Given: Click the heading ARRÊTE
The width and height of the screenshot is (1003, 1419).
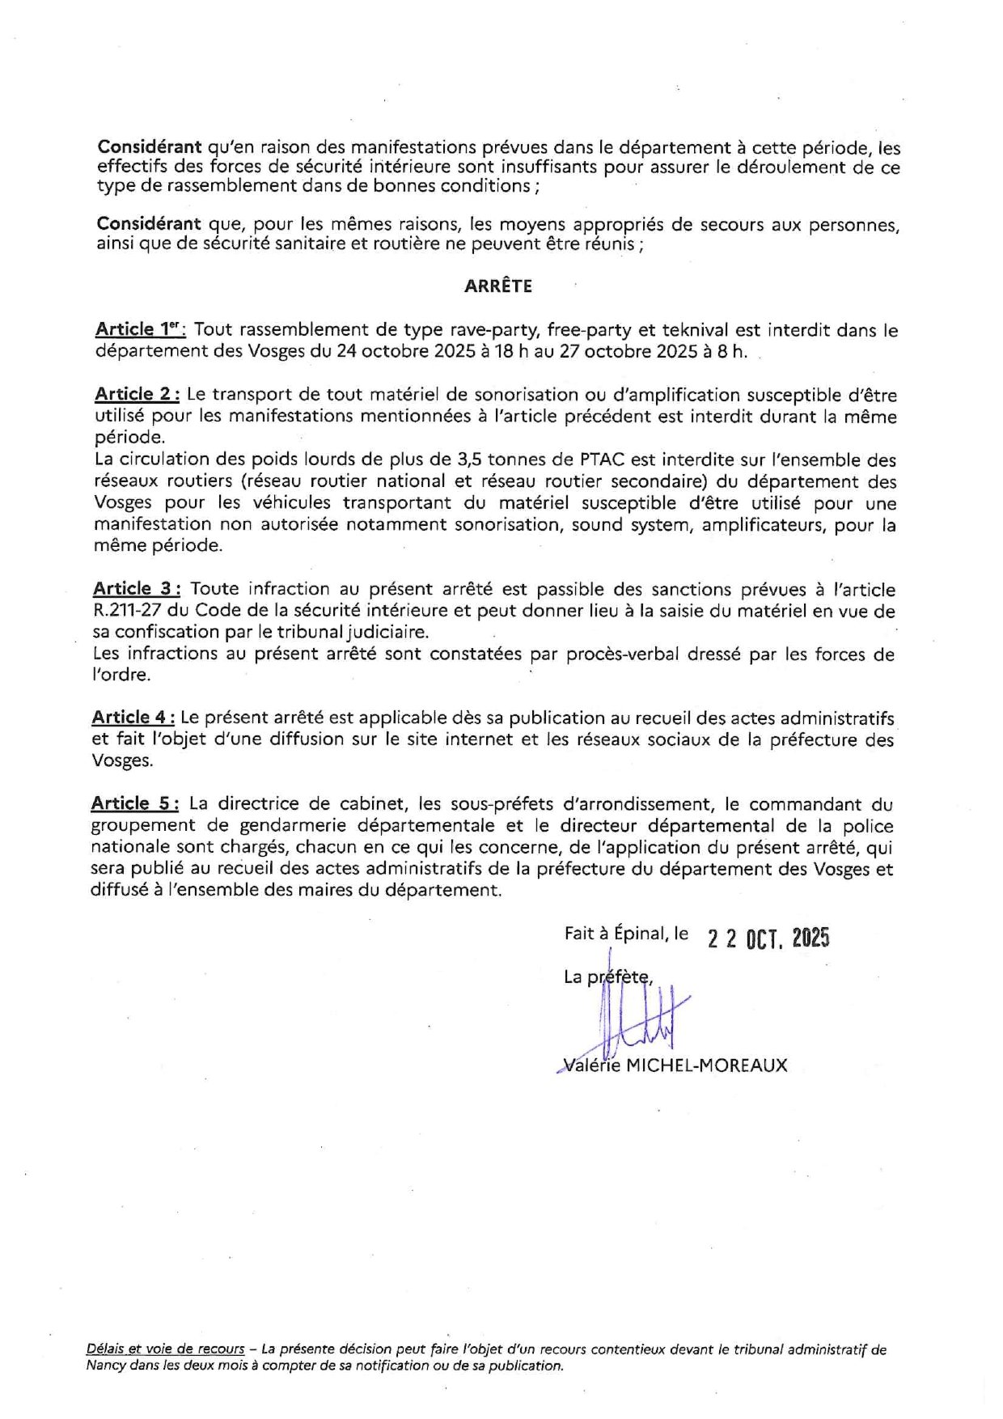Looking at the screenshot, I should (x=497, y=286).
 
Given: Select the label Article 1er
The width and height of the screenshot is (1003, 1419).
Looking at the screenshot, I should (x=140, y=329).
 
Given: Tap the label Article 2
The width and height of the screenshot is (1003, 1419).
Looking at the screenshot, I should (x=137, y=394).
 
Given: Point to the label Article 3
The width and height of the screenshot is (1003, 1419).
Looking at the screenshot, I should (x=137, y=589).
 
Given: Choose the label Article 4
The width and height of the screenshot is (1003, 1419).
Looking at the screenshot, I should (x=133, y=718).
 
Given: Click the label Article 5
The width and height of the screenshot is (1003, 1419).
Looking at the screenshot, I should (x=135, y=803).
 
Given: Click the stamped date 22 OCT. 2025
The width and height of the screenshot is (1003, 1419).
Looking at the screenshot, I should (x=768, y=938).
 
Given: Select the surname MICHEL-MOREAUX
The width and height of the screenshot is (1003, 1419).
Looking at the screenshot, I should (x=706, y=1065).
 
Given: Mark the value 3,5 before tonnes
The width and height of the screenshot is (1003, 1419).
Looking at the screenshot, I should (x=471, y=460).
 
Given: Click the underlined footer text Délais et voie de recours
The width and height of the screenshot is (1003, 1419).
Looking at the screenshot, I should (x=165, y=1349).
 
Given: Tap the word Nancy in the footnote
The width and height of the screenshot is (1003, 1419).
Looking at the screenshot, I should (x=106, y=1366).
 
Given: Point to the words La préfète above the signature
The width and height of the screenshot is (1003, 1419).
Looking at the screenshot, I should (x=608, y=976).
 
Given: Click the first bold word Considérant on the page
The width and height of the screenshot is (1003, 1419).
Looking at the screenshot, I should (x=149, y=147).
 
